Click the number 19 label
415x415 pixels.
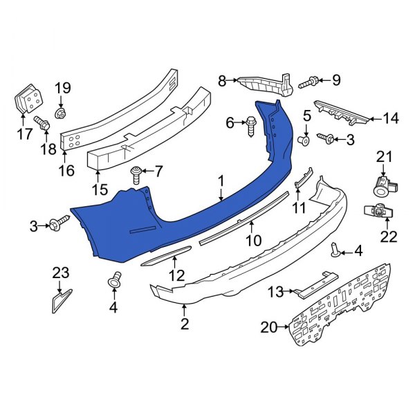pos(63,88)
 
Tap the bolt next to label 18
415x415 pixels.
pos(43,125)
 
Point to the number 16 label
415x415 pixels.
pos(66,169)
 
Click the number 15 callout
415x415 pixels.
pos(100,189)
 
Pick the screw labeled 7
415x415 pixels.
pos(137,171)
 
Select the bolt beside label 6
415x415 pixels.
pos(251,124)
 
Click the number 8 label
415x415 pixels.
pos(222,81)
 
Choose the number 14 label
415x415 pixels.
pos(391,119)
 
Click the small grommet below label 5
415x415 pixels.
pos(303,140)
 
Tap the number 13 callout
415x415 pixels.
pos(276,293)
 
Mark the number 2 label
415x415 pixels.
pos(185,322)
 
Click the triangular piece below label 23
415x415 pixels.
pos(59,302)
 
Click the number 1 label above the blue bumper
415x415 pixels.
pos(221,181)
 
